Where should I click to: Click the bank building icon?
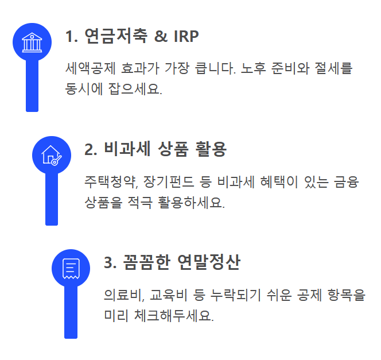click(x=32, y=42)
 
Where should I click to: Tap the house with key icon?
click(x=52, y=155)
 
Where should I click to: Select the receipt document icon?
click(x=71, y=268)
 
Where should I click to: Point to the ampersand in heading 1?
click(x=159, y=36)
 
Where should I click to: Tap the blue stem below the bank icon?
click(x=32, y=86)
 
